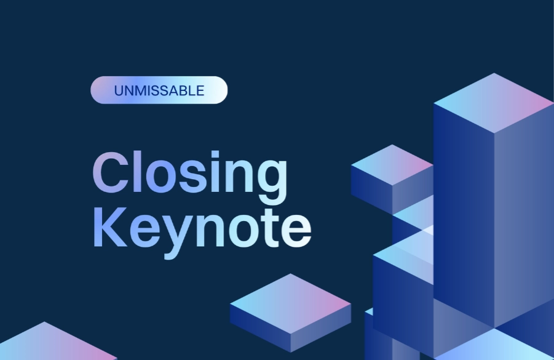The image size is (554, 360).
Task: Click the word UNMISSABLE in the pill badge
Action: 159,91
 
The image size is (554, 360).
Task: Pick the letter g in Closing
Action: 271,178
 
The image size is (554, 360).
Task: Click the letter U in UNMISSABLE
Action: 118,91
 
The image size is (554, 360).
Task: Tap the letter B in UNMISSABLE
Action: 184,91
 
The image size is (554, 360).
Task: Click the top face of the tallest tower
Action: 493,103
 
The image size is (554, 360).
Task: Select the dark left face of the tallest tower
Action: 463,209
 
